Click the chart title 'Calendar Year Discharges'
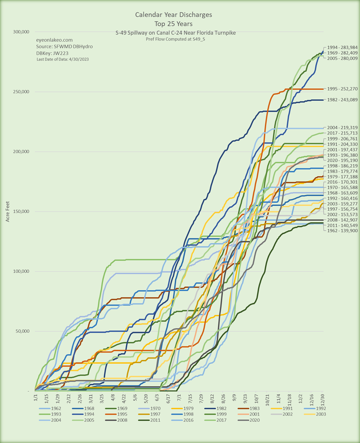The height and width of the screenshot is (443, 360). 173,15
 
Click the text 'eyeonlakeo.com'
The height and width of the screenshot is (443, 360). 55,40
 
